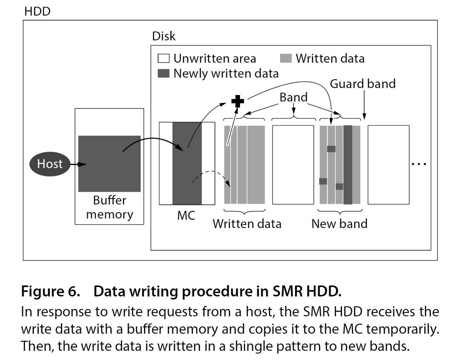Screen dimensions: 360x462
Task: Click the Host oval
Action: (50, 164)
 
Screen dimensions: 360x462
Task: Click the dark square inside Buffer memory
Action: (109, 164)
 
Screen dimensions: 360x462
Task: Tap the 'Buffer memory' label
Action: (110, 207)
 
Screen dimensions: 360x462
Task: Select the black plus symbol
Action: (238, 101)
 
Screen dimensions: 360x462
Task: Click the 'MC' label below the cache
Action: (186, 215)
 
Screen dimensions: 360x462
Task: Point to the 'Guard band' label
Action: (362, 84)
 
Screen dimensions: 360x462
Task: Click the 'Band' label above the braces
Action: (293, 97)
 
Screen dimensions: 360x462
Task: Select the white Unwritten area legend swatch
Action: (164, 58)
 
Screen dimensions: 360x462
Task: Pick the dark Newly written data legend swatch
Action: (164, 73)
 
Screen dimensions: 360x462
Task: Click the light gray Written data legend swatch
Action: (286, 58)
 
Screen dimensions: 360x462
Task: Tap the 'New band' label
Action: (339, 224)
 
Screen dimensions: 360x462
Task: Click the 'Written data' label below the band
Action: (247, 224)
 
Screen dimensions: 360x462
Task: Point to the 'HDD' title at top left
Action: (37, 11)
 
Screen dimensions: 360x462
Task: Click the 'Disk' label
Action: (164, 36)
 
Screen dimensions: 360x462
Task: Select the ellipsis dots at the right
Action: (419, 164)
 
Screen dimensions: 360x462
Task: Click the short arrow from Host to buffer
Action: (78, 164)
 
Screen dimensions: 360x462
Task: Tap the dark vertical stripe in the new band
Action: (348, 165)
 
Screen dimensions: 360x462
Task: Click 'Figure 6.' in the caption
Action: (50, 291)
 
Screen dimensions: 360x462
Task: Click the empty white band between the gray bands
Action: (293, 165)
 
